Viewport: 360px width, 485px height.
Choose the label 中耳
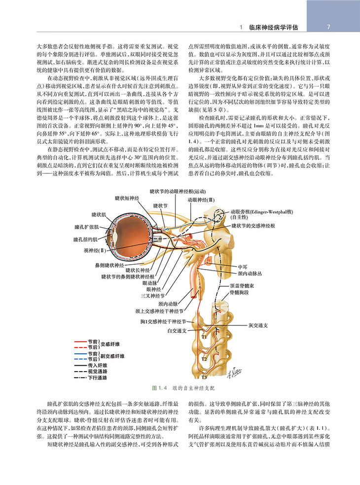click(242, 265)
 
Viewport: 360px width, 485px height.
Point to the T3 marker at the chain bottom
click(204, 377)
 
